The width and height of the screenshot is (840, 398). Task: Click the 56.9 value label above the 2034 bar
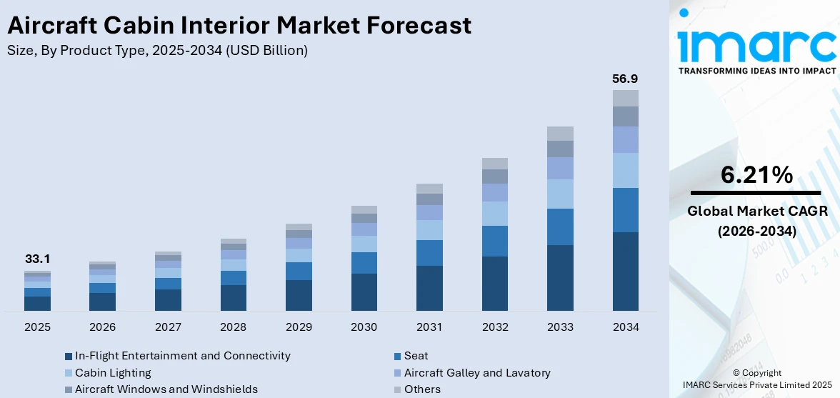625,79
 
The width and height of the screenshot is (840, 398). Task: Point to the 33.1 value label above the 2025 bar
37,259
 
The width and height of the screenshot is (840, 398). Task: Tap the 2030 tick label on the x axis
364,327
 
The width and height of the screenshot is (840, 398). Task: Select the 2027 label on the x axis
168,327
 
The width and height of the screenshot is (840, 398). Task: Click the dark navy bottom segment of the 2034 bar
625,272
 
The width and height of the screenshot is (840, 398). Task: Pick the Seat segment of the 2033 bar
560,227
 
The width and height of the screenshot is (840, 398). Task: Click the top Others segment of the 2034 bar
625,98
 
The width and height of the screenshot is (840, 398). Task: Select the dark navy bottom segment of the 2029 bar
299,295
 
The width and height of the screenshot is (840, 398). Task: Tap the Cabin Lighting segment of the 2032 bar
494,213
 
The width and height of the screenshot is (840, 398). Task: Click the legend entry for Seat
416,355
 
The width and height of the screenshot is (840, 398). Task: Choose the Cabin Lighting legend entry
113,372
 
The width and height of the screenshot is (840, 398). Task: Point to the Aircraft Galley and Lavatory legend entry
476,372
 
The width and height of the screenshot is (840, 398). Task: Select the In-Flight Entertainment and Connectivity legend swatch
69,356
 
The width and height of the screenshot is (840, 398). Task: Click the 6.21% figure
756,175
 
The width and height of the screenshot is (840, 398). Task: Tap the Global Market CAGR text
756,211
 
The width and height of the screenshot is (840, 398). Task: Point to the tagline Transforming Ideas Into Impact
756,71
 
